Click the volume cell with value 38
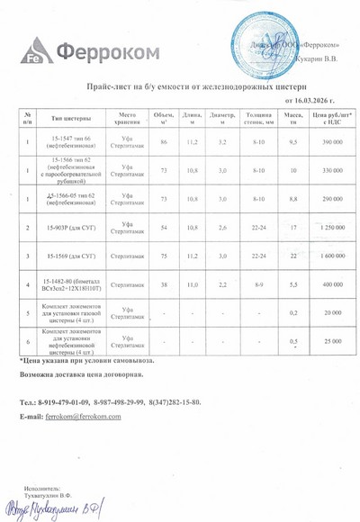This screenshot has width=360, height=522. (163, 285)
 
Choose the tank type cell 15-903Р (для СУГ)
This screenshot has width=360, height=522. (72, 228)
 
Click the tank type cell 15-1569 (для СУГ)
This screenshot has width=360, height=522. (72, 256)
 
